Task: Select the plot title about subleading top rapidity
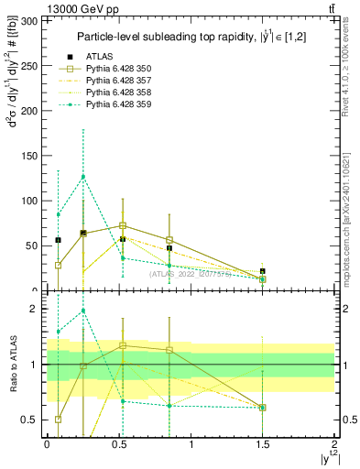pos(191,36)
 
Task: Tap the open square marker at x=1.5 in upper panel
pos(263,278)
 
